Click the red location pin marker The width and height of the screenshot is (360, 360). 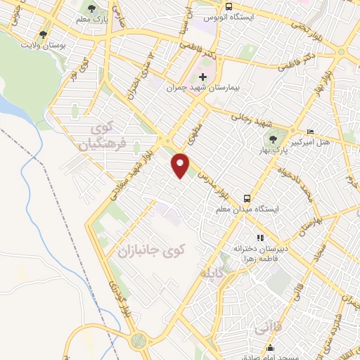pos(181,165)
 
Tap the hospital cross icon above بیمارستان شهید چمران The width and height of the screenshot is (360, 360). pos(202,77)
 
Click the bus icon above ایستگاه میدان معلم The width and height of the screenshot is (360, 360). pos(247,198)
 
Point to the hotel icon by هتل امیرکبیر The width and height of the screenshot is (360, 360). pos(311,131)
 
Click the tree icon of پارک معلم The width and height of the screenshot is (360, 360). pos(89,8)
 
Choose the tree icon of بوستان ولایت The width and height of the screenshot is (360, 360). pos(43,34)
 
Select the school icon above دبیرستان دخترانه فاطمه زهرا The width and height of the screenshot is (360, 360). pos(259,238)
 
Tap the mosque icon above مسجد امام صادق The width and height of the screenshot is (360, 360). pos(271,347)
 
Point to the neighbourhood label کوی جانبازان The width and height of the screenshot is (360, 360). pos(150,250)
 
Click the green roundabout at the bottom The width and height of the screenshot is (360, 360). pos(138,341)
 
